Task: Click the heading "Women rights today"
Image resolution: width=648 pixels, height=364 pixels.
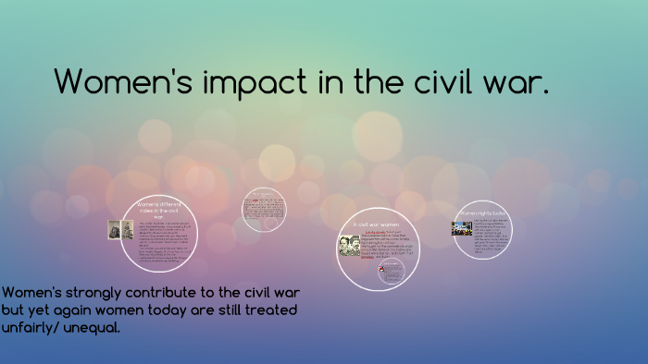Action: [482, 212]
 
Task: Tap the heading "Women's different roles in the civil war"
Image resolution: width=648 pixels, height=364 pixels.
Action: [159, 209]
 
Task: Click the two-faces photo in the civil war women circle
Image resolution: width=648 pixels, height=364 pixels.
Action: [350, 244]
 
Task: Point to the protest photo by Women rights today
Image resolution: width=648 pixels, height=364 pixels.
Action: [461, 228]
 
